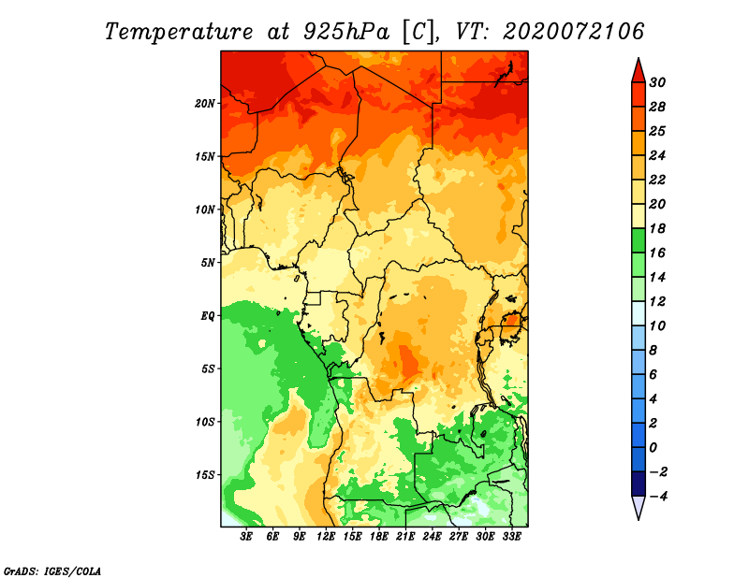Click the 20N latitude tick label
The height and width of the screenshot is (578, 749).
click(x=205, y=104)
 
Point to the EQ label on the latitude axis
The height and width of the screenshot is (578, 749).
click(x=208, y=316)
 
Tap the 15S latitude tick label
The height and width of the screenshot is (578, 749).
click(x=205, y=475)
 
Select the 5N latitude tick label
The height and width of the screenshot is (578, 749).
click(x=208, y=263)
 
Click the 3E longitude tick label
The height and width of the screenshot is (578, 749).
click(x=246, y=537)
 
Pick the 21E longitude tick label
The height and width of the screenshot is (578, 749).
click(x=405, y=537)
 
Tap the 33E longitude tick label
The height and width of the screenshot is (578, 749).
click(x=511, y=537)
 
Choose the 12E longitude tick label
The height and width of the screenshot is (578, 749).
click(x=326, y=537)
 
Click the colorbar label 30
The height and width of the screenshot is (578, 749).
click(x=657, y=82)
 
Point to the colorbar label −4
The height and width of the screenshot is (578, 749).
click(x=658, y=497)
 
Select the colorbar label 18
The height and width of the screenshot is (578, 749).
click(x=657, y=228)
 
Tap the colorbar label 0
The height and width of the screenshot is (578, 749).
click(x=654, y=448)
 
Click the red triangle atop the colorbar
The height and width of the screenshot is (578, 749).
click(x=639, y=71)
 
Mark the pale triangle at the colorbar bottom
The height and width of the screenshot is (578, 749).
click(x=639, y=507)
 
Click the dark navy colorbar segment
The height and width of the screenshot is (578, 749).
click(x=639, y=484)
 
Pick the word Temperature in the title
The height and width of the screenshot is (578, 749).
click(x=179, y=32)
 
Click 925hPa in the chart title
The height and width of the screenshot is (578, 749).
click(x=346, y=32)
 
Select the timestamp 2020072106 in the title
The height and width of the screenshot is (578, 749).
click(x=573, y=32)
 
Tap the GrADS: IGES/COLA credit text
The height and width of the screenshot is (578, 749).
click(x=52, y=571)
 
